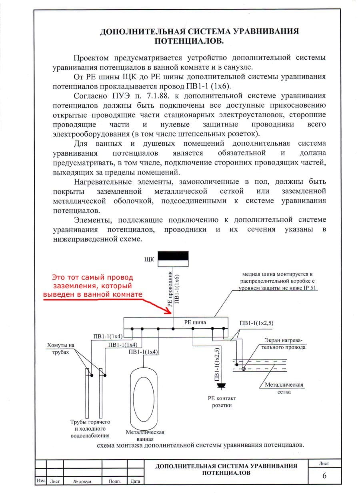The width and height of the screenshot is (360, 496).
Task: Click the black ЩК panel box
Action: (174, 259)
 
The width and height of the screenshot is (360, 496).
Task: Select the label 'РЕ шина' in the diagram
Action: (195, 321)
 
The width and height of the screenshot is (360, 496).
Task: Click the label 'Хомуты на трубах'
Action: (61, 349)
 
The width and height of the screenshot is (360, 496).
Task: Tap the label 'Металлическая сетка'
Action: (284, 388)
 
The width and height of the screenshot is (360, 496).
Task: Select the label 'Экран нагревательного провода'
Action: (285, 343)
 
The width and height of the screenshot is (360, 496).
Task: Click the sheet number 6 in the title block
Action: (324, 476)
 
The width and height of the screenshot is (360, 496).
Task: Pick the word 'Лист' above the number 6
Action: (324, 464)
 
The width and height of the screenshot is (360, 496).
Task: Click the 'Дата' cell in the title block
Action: (135, 481)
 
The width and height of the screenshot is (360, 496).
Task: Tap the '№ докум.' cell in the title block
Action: (83, 481)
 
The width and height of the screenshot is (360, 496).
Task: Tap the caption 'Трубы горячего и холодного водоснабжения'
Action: (90, 428)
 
